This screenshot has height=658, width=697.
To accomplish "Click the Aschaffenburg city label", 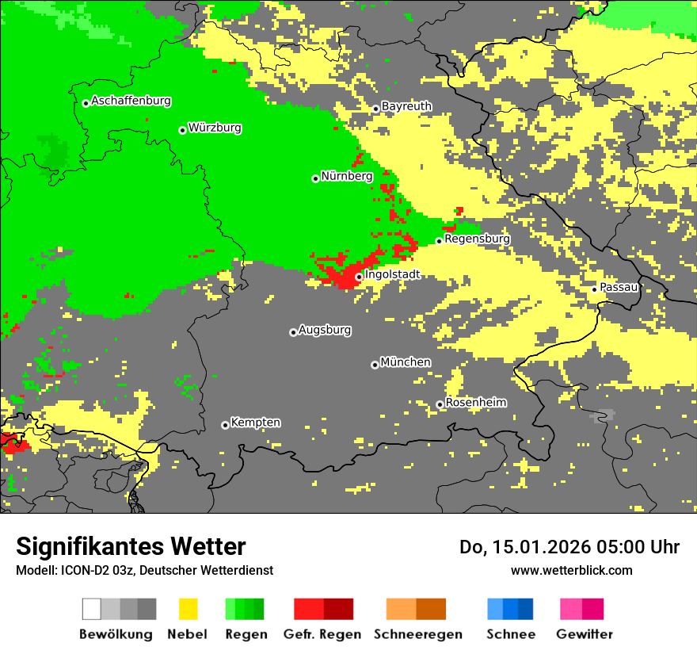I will pyautogui.click(x=131, y=101).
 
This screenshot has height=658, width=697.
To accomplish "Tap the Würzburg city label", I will pyautogui.click(x=215, y=128).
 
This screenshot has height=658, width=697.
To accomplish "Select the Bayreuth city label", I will pyautogui.click(x=406, y=106).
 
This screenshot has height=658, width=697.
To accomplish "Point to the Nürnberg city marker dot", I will pyautogui.click(x=315, y=178).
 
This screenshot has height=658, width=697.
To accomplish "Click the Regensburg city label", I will pyautogui.click(x=477, y=239).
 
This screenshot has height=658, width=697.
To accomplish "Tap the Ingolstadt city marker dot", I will pyautogui.click(x=359, y=277).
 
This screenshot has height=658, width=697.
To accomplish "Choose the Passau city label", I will pyautogui.click(x=619, y=287).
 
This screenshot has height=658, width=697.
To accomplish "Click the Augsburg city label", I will pyautogui.click(x=325, y=330).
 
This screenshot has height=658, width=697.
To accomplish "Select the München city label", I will pyautogui.click(x=406, y=362).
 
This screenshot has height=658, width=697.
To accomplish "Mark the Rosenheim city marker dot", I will pyautogui.click(x=440, y=404).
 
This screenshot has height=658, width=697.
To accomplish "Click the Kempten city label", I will pyautogui.click(x=255, y=423).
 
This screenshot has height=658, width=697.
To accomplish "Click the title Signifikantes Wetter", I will pyautogui.click(x=131, y=546).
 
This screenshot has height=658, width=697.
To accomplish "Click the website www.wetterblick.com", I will pyautogui.click(x=571, y=570).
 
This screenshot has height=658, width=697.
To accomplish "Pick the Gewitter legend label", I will pyautogui.click(x=584, y=634).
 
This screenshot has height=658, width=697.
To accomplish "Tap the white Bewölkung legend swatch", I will pyautogui.click(x=91, y=609).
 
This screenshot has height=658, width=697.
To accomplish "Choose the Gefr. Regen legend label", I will pyautogui.click(x=322, y=634).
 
